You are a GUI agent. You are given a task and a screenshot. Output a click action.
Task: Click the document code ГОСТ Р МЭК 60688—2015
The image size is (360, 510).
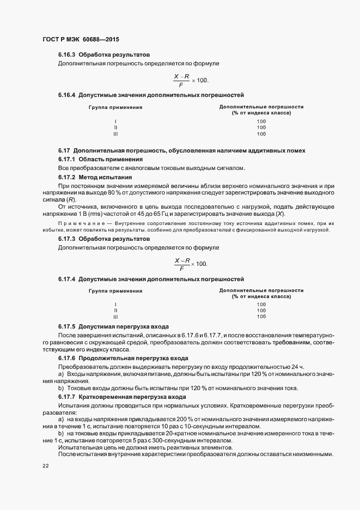(81, 40)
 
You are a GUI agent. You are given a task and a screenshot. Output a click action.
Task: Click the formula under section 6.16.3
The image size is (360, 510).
(191, 80)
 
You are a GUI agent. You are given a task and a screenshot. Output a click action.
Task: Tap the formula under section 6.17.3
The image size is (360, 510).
(191, 264)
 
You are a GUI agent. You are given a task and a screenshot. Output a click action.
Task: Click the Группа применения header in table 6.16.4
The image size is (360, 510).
(115, 107)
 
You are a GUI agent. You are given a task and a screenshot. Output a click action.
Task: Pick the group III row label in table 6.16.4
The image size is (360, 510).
(115, 133)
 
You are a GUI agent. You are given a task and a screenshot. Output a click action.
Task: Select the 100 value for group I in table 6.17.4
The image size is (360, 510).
(261, 304)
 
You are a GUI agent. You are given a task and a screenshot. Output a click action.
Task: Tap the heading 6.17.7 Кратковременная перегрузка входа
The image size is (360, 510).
(122, 397)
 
